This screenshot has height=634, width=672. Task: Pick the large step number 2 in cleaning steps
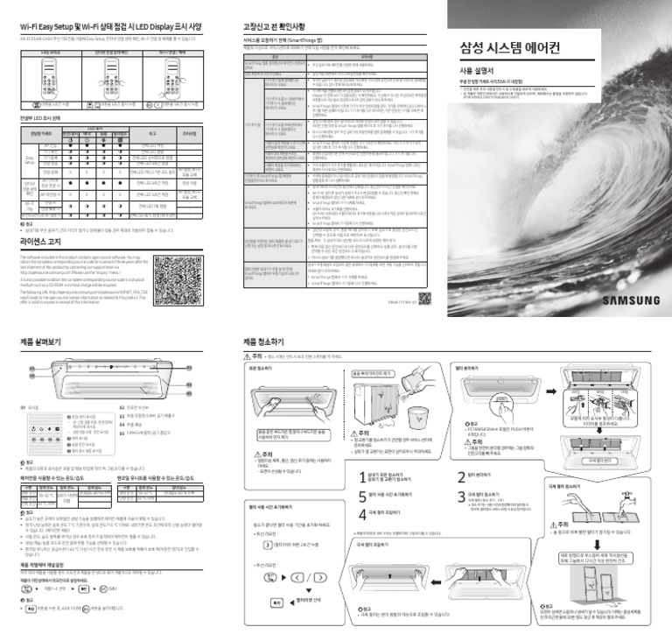tap(462, 477)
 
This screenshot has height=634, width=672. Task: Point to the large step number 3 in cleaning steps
tap(462, 496)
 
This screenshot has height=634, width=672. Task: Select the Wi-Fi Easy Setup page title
tap(110, 26)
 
